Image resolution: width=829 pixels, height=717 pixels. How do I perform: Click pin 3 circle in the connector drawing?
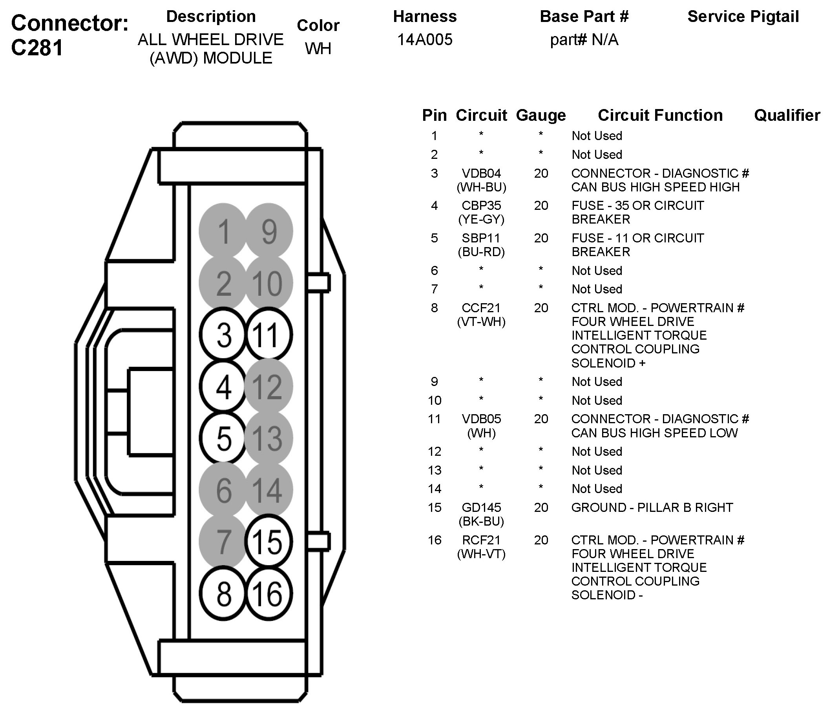tap(223, 335)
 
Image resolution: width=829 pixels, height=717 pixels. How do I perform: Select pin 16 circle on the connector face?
tap(269, 594)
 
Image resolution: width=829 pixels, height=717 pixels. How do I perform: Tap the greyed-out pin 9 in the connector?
tap(269, 231)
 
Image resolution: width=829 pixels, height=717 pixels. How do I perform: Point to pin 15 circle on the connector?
tap(269, 542)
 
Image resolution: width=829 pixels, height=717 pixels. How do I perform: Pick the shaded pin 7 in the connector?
tap(223, 542)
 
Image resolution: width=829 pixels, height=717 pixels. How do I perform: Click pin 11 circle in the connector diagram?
tap(269, 335)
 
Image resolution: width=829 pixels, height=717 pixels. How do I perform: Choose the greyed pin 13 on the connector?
tap(269, 438)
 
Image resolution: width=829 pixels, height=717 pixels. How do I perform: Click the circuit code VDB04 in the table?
tap(481, 173)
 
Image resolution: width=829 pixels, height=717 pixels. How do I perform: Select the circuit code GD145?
tap(481, 507)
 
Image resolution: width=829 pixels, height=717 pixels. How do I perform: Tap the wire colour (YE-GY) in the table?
tap(481, 219)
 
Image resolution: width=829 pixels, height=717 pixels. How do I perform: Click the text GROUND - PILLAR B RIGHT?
tap(652, 507)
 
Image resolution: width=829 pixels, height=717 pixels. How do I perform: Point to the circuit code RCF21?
tap(481, 540)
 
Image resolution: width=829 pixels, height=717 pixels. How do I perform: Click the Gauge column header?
tap(540, 115)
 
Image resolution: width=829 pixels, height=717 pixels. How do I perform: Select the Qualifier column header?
tap(787, 115)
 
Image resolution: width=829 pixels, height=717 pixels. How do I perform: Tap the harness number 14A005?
tap(425, 40)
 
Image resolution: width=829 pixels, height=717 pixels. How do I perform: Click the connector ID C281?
tap(37, 47)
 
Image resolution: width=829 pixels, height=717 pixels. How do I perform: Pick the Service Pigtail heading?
tap(743, 16)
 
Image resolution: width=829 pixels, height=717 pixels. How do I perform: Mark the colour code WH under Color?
tap(318, 48)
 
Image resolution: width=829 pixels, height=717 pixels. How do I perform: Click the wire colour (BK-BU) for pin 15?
tap(481, 521)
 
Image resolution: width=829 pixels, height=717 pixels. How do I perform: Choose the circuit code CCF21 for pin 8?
tap(481, 308)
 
